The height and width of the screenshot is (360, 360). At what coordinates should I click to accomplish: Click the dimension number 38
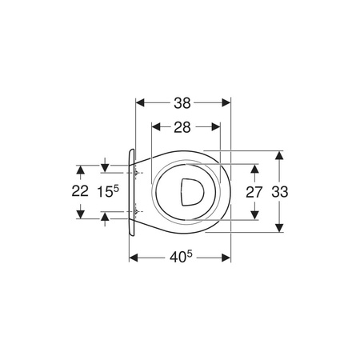click(182, 103)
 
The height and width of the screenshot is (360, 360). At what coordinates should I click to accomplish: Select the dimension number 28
click(182, 127)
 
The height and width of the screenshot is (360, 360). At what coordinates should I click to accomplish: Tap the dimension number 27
click(254, 192)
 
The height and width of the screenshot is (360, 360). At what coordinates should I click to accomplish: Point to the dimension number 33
click(280, 192)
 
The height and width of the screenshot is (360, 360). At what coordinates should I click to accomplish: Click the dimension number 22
click(80, 191)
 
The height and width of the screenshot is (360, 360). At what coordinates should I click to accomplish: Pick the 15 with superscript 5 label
click(108, 191)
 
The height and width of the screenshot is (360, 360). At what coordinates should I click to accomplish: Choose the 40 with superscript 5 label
click(181, 257)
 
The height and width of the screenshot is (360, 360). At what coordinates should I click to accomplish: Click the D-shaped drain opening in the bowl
click(192, 192)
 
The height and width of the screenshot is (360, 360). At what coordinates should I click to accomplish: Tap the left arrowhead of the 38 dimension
click(140, 102)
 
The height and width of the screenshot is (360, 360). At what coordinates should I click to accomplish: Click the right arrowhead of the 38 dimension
click(226, 102)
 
